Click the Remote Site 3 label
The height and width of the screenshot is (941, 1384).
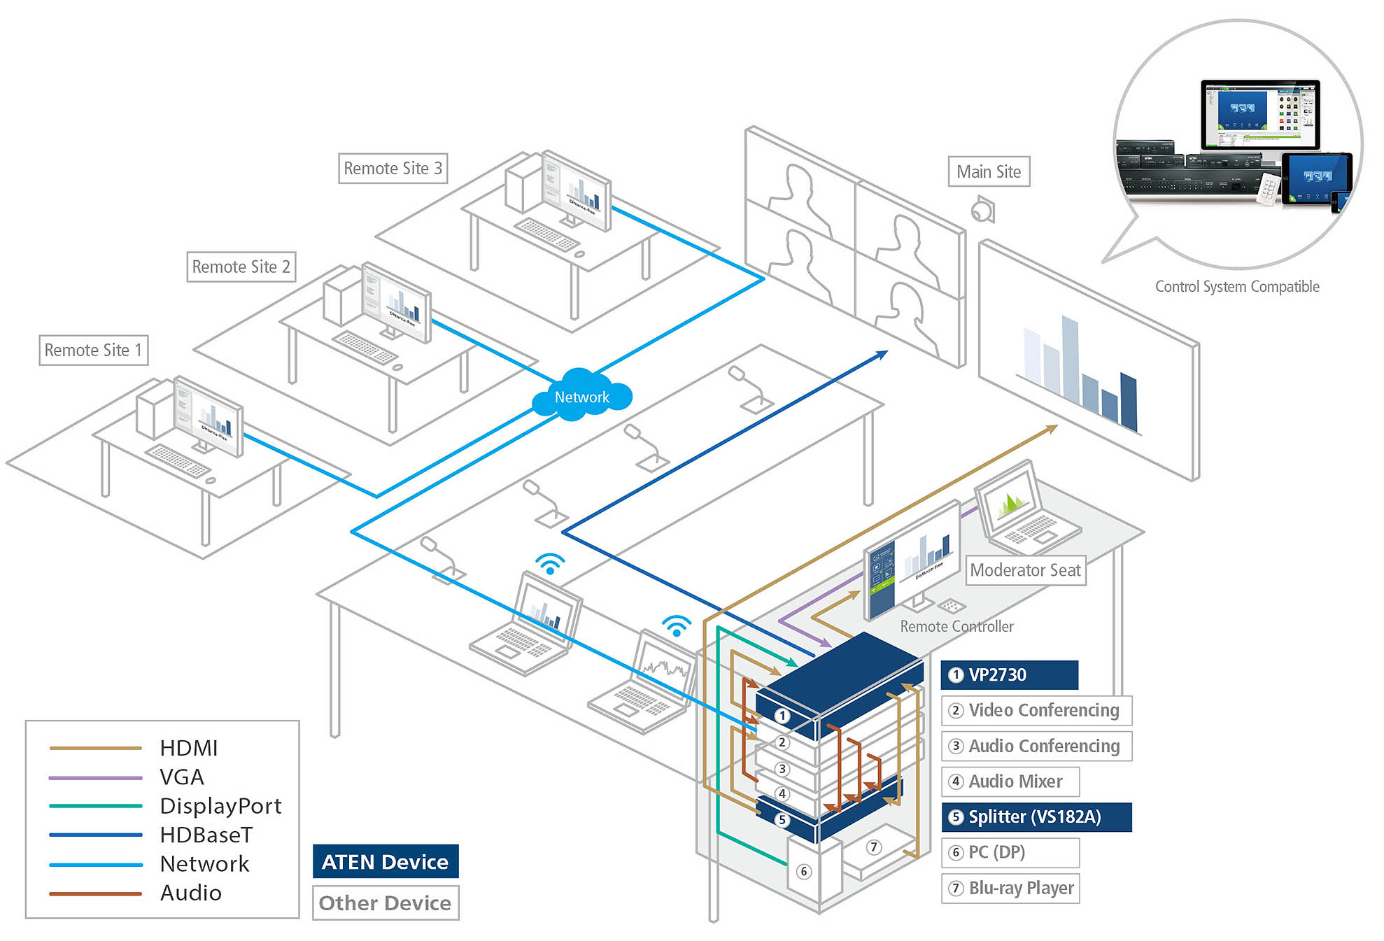click(x=393, y=169)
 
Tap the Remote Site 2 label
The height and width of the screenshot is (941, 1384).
click(x=241, y=267)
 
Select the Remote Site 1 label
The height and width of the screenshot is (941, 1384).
click(x=93, y=350)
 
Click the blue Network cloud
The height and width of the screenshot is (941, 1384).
click(x=581, y=397)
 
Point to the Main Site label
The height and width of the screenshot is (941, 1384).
click(x=988, y=171)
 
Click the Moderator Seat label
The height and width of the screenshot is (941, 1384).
click(x=1025, y=570)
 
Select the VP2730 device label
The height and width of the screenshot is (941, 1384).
click(x=1008, y=674)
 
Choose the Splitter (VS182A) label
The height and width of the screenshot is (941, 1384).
click(x=1036, y=816)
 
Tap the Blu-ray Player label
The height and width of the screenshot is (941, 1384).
click(x=1010, y=888)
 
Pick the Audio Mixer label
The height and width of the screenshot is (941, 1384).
click(x=1010, y=781)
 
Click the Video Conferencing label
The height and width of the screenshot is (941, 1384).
click(x=1036, y=710)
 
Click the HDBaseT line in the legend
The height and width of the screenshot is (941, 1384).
click(x=96, y=835)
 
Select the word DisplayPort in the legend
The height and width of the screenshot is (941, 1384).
click(x=220, y=806)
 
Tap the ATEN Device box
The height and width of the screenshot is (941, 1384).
click(x=386, y=861)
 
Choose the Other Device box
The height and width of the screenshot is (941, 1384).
click(x=386, y=903)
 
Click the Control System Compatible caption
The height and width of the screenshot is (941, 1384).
click(x=1236, y=286)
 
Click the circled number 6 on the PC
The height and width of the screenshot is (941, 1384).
click(x=804, y=871)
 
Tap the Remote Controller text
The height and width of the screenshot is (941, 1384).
click(x=956, y=626)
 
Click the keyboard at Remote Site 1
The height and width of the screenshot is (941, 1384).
click(x=178, y=460)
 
